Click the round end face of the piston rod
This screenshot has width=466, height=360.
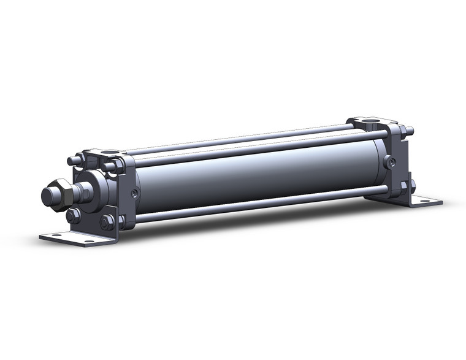coord(48,196)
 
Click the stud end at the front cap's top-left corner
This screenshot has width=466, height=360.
coord(72,161)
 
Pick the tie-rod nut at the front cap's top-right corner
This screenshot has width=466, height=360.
coord(110,166)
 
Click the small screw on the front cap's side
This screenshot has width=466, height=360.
coord(134,194)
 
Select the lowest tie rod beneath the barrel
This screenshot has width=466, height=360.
coord(258,203)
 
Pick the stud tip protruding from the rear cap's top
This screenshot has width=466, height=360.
coord(410,131)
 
